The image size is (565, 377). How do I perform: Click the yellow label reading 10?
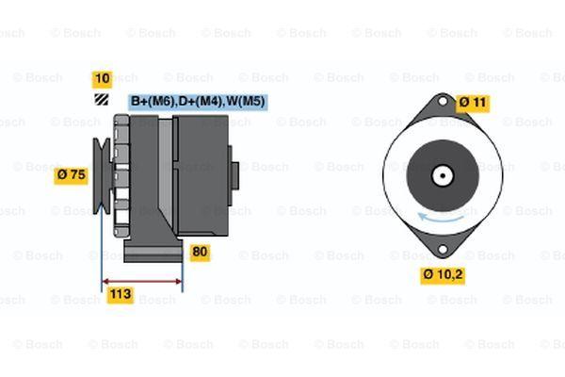click(102, 78)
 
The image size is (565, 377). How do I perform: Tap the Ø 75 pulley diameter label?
click(71, 175)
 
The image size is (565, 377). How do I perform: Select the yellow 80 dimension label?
click(200, 252)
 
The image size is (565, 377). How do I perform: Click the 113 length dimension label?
click(121, 295)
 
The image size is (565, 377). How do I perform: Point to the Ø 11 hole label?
click(473, 103)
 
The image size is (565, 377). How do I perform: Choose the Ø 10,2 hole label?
click(443, 275)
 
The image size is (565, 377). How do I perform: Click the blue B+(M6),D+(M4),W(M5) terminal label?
click(198, 102)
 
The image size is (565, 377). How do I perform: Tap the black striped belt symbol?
click(102, 100)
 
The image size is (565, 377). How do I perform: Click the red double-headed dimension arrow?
click(142, 282)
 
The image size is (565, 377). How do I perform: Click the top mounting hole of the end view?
click(443, 101)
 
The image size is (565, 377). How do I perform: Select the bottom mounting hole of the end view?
click(443, 250)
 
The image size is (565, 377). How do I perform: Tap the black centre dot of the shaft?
click(443, 175)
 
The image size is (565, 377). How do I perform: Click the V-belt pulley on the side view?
click(103, 175)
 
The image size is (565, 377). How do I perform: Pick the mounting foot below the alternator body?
click(153, 249)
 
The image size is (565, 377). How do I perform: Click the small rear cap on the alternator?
click(234, 176)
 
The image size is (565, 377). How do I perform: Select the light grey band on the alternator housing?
click(166, 170)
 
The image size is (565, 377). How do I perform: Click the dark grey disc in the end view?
click(443, 175)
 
